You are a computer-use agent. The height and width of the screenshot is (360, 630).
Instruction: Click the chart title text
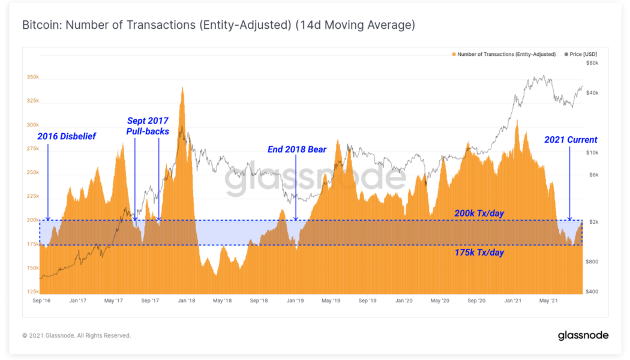coord(218,26)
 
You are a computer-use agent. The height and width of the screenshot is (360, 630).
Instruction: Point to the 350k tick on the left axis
coord(32,77)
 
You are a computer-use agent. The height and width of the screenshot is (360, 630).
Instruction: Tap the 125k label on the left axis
coord(32,291)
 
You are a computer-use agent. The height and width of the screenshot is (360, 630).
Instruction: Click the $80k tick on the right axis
coord(592,63)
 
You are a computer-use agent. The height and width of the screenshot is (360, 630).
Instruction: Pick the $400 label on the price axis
coord(592,291)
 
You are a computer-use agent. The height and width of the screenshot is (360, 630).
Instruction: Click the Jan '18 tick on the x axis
coord(187,299)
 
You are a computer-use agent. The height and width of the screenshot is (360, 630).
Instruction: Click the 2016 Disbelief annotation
coord(67,137)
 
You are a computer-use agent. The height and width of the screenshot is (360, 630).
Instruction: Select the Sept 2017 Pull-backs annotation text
coord(147,126)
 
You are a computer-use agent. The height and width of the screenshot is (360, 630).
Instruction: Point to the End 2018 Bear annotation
coord(298,149)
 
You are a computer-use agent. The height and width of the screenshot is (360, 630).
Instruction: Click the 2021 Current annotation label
coord(571,140)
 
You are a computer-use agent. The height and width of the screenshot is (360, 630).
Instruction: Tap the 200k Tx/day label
coord(479,212)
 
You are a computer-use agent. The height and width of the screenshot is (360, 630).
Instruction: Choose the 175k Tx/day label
coord(479,253)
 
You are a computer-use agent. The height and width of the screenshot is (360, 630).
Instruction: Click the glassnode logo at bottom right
coord(583,335)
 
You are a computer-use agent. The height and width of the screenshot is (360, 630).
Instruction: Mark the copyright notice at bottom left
coord(76,335)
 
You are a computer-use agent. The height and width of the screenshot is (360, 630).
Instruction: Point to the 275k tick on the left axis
coord(32,148)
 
